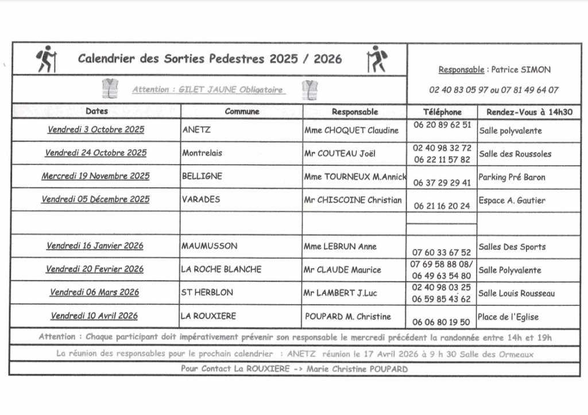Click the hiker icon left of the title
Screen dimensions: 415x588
pyautogui.click(x=47, y=59)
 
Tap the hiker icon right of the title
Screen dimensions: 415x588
pyautogui.click(x=376, y=59)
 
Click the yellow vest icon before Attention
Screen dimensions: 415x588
pyautogui.click(x=110, y=89)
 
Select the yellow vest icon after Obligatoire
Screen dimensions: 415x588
pyautogui.click(x=311, y=90)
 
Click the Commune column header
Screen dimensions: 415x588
pyautogui.click(x=242, y=111)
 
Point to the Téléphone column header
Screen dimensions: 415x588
pyautogui.click(x=442, y=112)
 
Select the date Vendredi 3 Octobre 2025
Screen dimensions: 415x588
pyautogui.click(x=96, y=130)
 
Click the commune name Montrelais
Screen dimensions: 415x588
pyautogui.click(x=202, y=153)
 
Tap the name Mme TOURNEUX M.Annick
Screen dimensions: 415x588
pyautogui.click(x=355, y=177)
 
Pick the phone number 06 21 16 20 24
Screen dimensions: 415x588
pyautogui.click(x=442, y=205)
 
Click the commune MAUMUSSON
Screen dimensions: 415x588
pyautogui.click(x=210, y=246)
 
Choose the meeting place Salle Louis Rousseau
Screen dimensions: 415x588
pyautogui.click(x=516, y=293)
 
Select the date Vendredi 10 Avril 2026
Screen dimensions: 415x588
pyautogui.click(x=94, y=316)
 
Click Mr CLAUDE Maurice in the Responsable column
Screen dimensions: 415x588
pyautogui.click(x=342, y=270)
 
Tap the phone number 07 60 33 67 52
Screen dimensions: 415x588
pyautogui.click(x=442, y=252)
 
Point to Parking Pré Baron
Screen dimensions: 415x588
pyautogui.click(x=512, y=177)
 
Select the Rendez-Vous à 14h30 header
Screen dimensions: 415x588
pyautogui.click(x=529, y=112)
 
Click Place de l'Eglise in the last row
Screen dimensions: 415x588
pyautogui.click(x=508, y=317)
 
